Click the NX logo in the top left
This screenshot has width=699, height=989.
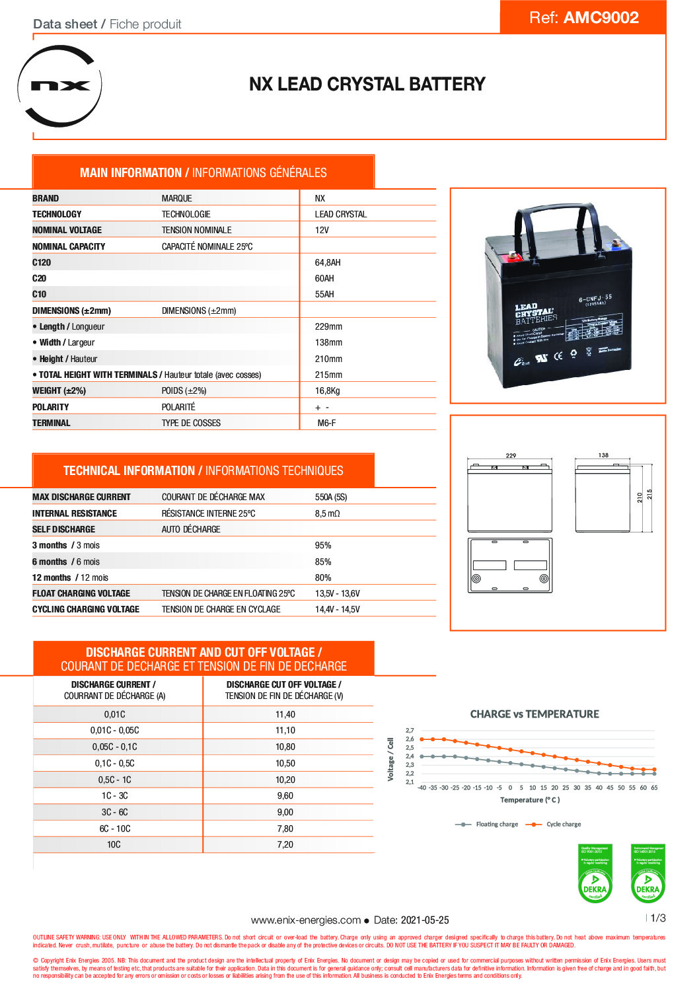(60, 86)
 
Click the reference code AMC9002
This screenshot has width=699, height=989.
(601, 18)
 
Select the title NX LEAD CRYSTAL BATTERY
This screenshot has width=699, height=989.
(367, 85)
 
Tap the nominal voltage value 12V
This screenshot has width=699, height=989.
(322, 230)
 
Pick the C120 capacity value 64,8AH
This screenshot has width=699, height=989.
(328, 262)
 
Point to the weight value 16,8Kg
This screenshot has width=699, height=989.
(327, 390)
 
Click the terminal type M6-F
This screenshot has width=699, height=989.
(326, 423)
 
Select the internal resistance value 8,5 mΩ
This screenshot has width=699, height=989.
(327, 513)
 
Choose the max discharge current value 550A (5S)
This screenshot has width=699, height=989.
(330, 497)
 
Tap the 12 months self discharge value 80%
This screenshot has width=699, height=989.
(323, 577)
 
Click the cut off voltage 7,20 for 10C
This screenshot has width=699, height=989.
(285, 844)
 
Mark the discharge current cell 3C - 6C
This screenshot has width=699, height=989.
(114, 812)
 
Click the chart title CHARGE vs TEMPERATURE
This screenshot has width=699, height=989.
(534, 714)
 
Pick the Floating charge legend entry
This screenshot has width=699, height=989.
(496, 824)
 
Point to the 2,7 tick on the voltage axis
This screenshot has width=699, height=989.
(410, 731)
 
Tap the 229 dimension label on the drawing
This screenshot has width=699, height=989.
(511, 455)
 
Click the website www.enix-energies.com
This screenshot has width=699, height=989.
(305, 920)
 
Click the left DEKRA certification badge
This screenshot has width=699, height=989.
(595, 873)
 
